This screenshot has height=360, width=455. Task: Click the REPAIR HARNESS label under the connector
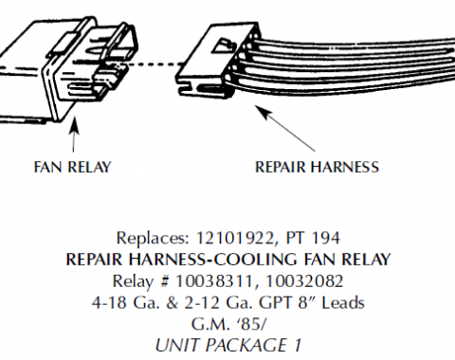click(318, 169)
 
